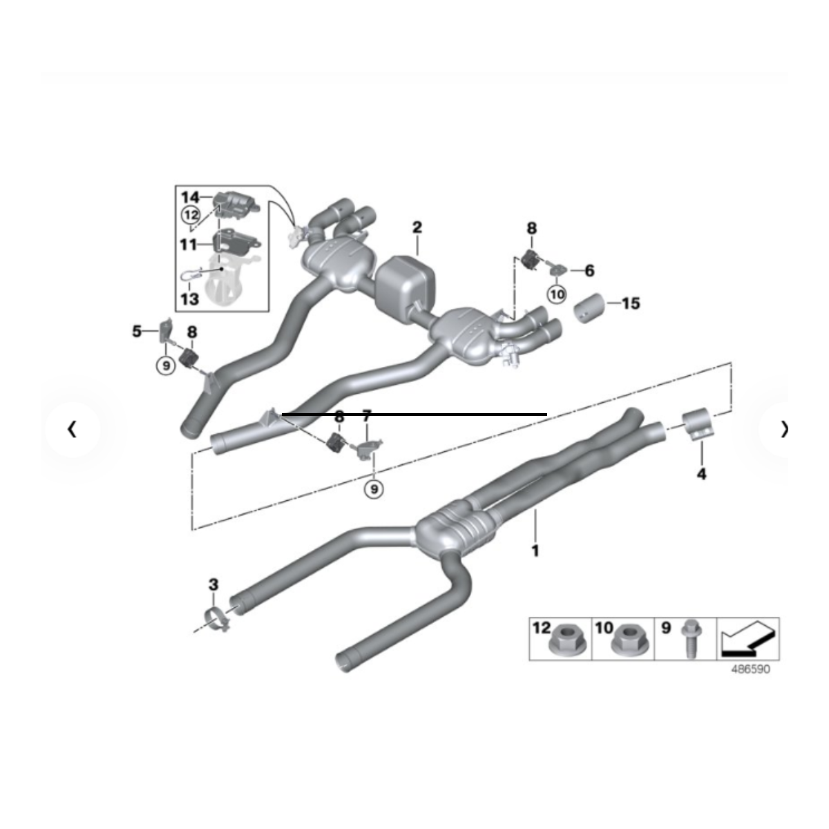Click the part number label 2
[x=417, y=227]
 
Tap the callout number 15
[x=631, y=303]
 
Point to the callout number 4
[x=702, y=474]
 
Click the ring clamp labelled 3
[x=216, y=620]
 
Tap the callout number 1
[x=535, y=551]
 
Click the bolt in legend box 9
[x=691, y=638]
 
